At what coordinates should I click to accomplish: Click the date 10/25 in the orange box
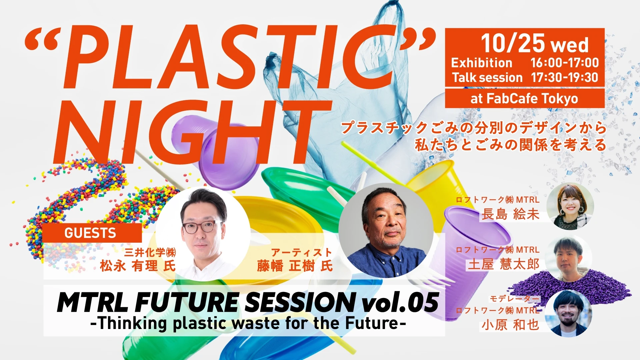pyautogui.click(x=513, y=43)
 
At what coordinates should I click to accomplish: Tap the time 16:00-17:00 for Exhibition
pyautogui.click(x=565, y=63)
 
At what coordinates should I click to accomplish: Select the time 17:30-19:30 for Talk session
pyautogui.click(x=565, y=77)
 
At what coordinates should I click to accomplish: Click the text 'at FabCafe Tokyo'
pyautogui.click(x=524, y=99)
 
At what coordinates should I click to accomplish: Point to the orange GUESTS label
pyautogui.click(x=90, y=233)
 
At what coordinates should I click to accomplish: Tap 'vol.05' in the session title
pyautogui.click(x=400, y=303)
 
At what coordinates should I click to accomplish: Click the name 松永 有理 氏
pyautogui.click(x=138, y=266)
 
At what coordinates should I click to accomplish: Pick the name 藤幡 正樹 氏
pyautogui.click(x=295, y=266)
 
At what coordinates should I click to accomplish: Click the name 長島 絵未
pyautogui.click(x=510, y=214)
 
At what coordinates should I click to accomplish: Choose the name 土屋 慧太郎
pyautogui.click(x=503, y=264)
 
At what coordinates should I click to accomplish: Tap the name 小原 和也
pyautogui.click(x=510, y=325)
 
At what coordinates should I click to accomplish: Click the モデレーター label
pyautogui.click(x=514, y=299)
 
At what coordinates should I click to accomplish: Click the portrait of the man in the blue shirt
pyautogui.click(x=386, y=230)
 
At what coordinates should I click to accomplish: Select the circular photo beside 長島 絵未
pyautogui.click(x=570, y=206)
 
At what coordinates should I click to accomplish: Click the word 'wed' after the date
pyautogui.click(x=570, y=46)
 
